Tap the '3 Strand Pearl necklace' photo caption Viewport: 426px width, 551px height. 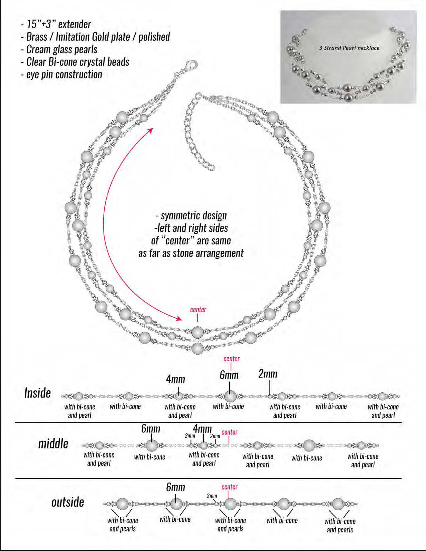click(x=349, y=48)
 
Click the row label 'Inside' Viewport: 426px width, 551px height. click(x=37, y=393)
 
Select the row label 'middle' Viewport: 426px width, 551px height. click(x=53, y=444)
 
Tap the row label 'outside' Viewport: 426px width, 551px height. click(x=67, y=502)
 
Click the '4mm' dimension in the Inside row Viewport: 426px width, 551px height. click(x=175, y=379)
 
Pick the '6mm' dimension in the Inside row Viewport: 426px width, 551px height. click(x=229, y=375)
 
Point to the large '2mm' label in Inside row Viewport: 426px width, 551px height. click(x=268, y=374)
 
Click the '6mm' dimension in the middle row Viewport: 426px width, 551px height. click(x=151, y=429)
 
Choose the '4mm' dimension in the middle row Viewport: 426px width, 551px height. click(x=202, y=429)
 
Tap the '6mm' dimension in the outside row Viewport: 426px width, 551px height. click(x=175, y=487)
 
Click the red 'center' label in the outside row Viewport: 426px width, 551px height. click(x=230, y=487)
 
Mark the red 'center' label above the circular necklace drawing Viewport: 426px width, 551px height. click(x=198, y=310)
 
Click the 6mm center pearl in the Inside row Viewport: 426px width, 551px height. click(x=230, y=396)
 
